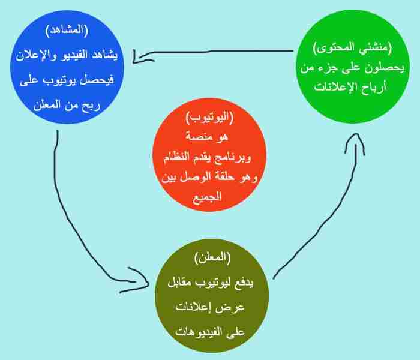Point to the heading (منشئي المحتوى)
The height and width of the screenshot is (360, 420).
(x=352, y=47)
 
